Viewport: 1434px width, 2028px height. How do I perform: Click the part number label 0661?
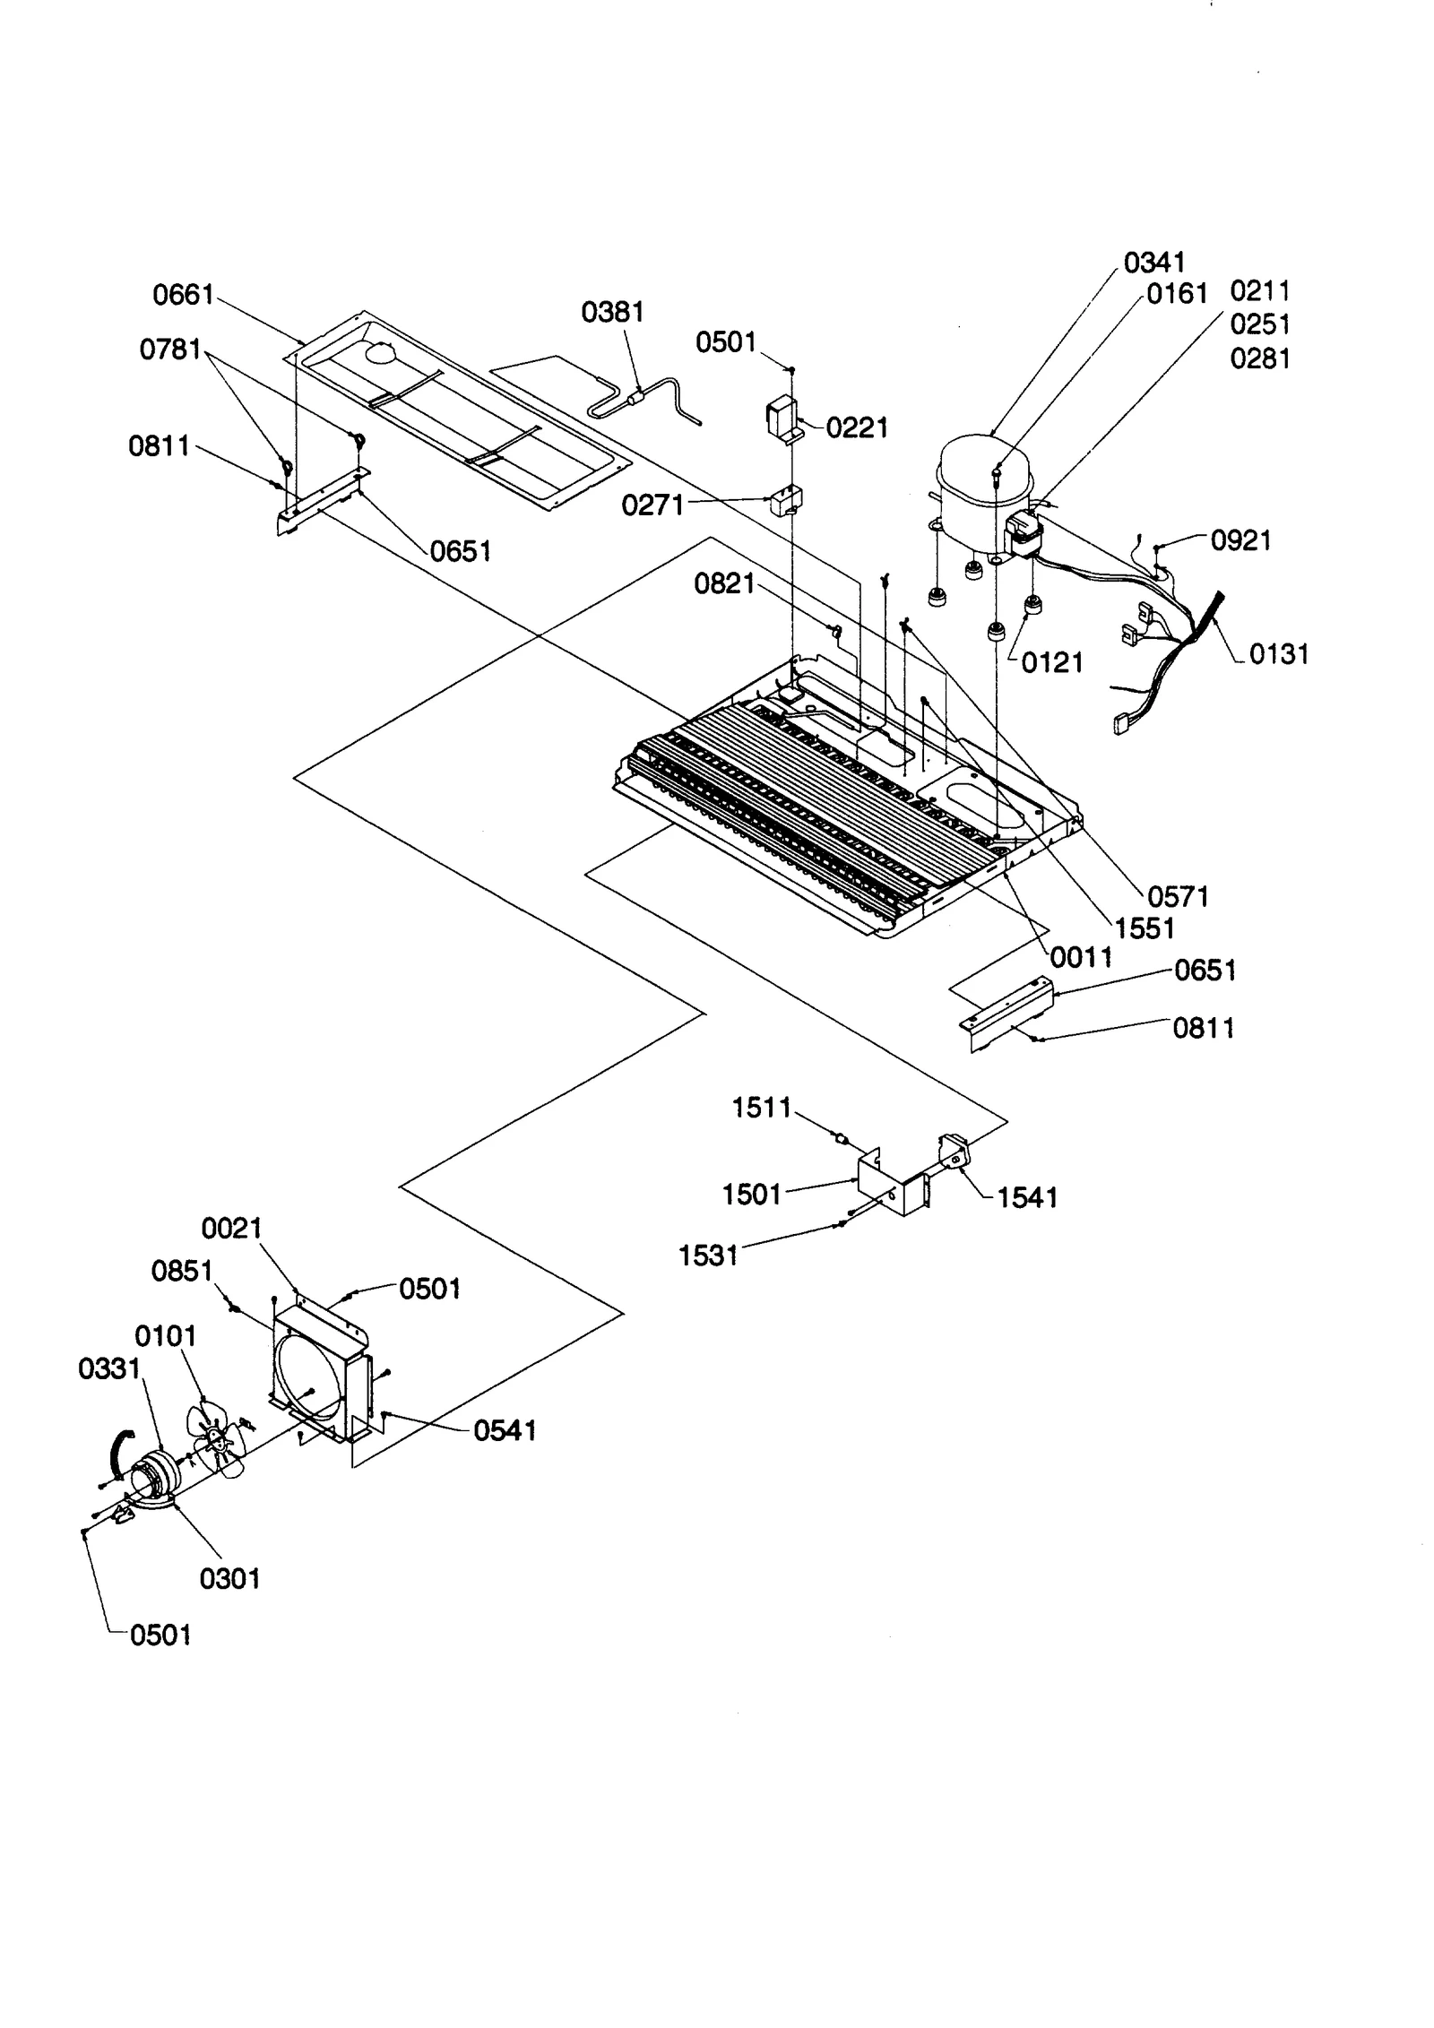[183, 294]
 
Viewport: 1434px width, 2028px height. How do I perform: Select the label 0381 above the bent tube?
[612, 312]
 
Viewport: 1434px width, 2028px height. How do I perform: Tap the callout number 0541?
[505, 1431]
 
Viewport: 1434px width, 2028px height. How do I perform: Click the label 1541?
[1027, 1197]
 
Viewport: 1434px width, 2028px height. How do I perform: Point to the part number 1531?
[708, 1256]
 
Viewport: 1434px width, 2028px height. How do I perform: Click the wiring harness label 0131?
[1279, 654]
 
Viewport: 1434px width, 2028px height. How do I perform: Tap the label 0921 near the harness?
[1240, 540]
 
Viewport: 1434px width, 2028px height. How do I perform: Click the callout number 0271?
[652, 506]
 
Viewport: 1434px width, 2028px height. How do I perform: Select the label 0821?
[724, 584]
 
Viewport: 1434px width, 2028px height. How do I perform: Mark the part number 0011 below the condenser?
[1081, 957]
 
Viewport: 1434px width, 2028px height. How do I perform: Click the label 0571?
[1178, 896]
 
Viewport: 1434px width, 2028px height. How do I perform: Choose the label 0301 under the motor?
[229, 1578]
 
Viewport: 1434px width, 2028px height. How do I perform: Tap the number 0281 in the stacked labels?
[1260, 358]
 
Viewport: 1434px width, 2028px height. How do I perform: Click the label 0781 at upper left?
[170, 350]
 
